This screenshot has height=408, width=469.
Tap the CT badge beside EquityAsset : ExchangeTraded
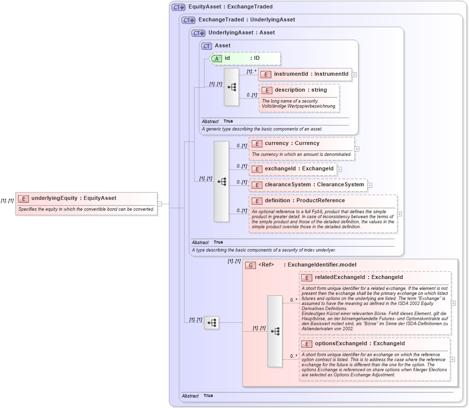[x=178, y=7]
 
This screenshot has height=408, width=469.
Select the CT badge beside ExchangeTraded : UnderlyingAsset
[x=188, y=20]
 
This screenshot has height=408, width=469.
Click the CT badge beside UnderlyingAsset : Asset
[x=198, y=33]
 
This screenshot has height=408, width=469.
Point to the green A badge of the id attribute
[x=217, y=58]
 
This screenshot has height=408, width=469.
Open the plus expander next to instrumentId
[x=354, y=74]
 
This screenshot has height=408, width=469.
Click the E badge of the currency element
[x=256, y=143]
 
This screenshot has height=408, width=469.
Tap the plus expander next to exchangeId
[x=339, y=169]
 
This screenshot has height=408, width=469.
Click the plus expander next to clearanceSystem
[x=370, y=185]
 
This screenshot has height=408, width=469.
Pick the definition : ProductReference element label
[x=304, y=201]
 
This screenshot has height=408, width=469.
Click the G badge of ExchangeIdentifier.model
[x=251, y=265]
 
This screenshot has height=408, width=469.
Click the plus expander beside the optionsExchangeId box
[x=453, y=359]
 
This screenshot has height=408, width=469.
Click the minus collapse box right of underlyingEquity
[x=160, y=203]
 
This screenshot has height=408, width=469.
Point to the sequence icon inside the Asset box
[x=232, y=87]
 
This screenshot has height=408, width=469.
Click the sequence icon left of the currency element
[x=222, y=181]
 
